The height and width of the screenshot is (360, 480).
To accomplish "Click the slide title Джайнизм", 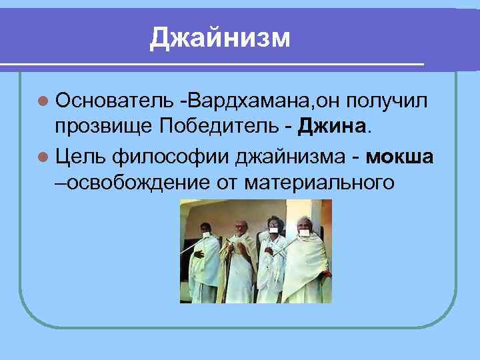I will (220, 38).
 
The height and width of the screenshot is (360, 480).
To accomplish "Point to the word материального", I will (319, 182).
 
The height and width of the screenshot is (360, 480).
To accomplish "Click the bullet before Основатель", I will (43, 101).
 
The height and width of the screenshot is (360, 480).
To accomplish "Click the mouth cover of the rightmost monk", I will (307, 233).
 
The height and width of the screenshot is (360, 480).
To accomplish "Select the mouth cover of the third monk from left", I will (273, 232).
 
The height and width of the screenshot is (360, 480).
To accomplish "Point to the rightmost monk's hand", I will (326, 273).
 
